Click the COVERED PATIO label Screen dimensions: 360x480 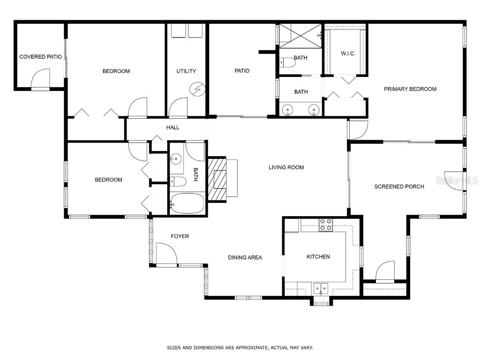pos(40,57)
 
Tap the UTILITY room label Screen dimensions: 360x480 pos(186,71)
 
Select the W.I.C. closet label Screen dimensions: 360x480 pos(348,53)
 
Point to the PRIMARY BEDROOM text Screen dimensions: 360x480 pos(410,89)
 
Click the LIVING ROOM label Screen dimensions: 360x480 pos(286,167)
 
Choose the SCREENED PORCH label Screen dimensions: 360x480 pos(399,187)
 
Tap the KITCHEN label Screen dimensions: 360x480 pos(318,257)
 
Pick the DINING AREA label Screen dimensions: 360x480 pos(245,257)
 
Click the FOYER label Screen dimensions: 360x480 pos(180,236)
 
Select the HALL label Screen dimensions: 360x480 pos(172,127)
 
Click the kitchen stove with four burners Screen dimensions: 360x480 pos(326,225)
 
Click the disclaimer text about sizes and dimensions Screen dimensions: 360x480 pos(240,348)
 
